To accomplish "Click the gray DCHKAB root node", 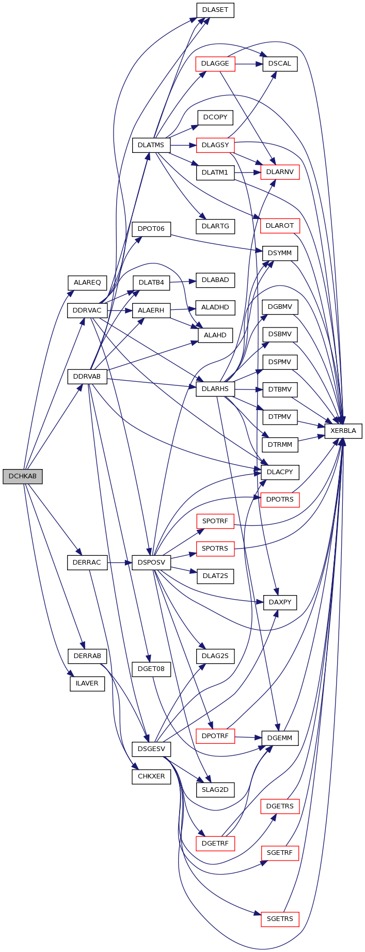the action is (x=22, y=476).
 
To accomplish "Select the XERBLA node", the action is (x=343, y=431).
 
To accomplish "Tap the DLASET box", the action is (x=215, y=10).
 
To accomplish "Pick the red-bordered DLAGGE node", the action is (x=215, y=64).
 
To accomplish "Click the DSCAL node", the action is (x=280, y=64).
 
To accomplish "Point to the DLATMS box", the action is (x=151, y=145).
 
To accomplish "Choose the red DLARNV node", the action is (x=280, y=172).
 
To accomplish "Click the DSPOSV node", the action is (x=151, y=562).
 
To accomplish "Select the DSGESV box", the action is (x=151, y=748).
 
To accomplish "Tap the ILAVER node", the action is (x=87, y=683).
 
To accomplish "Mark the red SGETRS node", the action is (x=280, y=919).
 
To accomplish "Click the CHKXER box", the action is (x=151, y=776).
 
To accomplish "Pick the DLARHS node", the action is (x=215, y=389).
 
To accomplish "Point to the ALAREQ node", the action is (x=87, y=283).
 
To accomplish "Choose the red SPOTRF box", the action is (x=215, y=521).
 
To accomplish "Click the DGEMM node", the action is (x=280, y=738).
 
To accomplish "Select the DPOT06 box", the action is (x=151, y=229).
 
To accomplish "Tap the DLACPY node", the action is (x=280, y=472).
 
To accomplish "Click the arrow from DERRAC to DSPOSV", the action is (x=120, y=562).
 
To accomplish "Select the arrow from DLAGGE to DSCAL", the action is (x=249, y=64).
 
